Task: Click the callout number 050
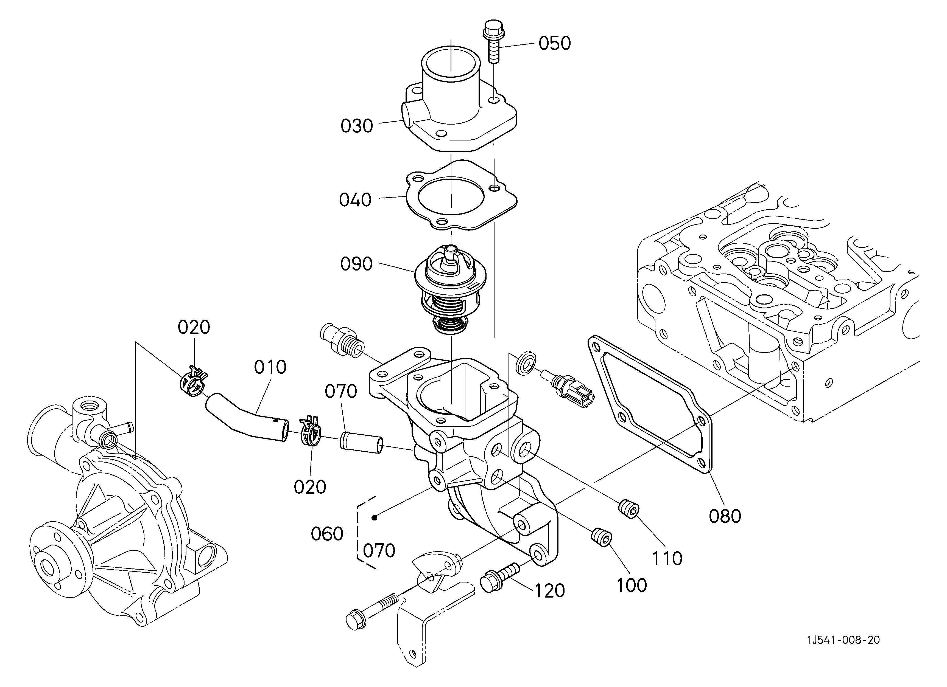[x=555, y=43]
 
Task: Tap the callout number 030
[x=357, y=126]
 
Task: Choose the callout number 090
[x=356, y=264]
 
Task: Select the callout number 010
[x=270, y=367]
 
